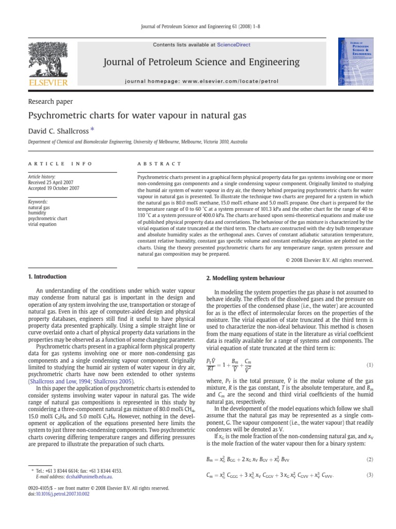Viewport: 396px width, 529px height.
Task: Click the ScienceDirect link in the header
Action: (x=234, y=45)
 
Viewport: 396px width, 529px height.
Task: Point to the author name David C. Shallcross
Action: (x=59, y=131)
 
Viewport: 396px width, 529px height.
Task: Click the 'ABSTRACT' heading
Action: (x=154, y=163)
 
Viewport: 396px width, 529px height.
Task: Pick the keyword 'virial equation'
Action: (x=42, y=224)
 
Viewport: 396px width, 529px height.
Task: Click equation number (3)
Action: (x=369, y=475)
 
